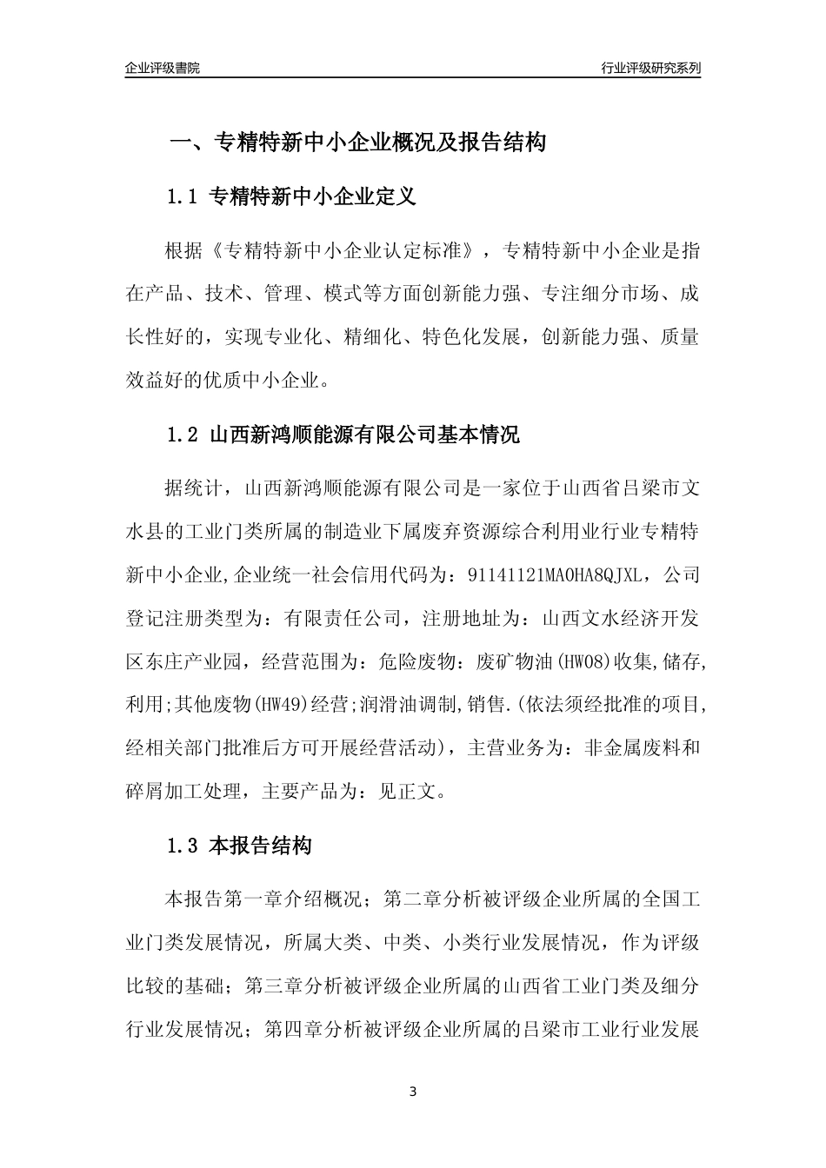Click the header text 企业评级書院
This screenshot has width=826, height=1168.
[163, 68]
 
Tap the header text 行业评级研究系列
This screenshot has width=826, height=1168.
[650, 68]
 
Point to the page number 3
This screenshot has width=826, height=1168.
[413, 1092]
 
